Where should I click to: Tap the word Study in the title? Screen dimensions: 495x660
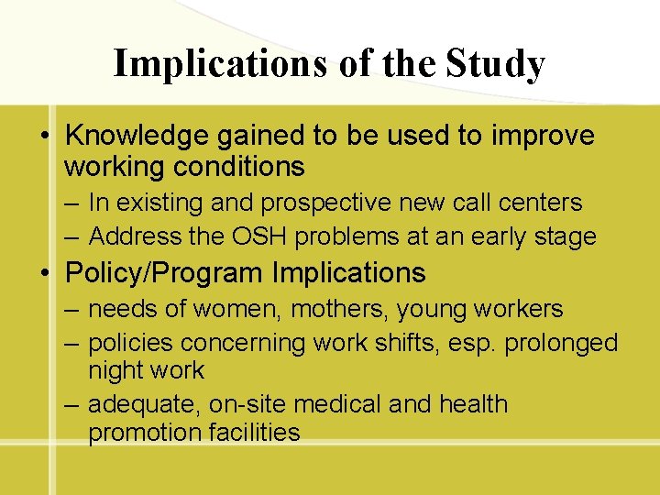495,64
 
